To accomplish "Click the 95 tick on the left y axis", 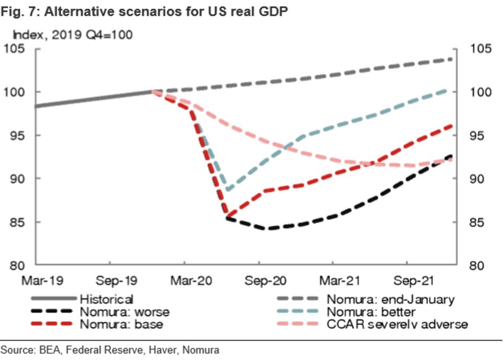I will [x=17, y=136].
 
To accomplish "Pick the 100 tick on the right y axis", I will [x=479, y=92].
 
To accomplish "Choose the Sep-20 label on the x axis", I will [x=259, y=279].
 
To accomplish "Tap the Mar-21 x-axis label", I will [x=333, y=279].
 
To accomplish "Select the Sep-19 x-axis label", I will [x=109, y=279].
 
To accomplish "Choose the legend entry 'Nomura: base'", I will [x=121, y=324].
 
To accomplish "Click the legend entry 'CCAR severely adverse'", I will [x=398, y=324].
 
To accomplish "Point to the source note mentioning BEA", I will [x=110, y=349].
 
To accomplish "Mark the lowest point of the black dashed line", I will [x=269, y=229].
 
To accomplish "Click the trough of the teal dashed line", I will [x=229, y=190].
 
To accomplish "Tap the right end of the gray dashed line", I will [x=451, y=59].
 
